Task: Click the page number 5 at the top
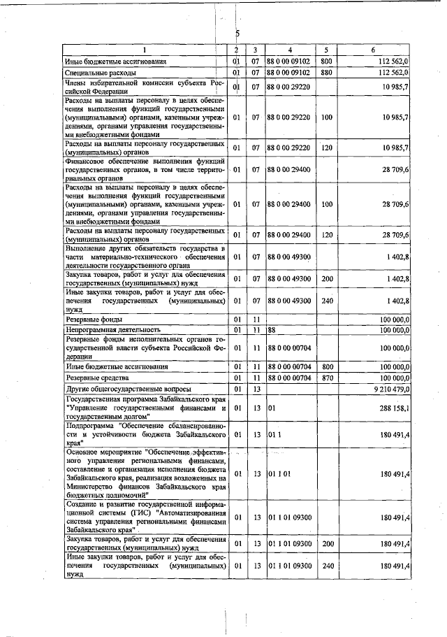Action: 237,33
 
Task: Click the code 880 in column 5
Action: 325,72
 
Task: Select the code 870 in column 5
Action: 325,378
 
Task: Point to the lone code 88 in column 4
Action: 272,329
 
